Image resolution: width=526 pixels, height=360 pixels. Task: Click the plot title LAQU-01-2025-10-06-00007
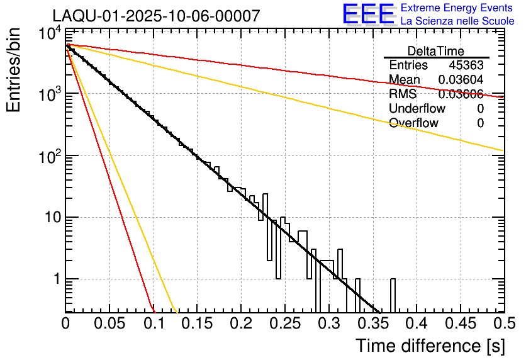click(x=156, y=16)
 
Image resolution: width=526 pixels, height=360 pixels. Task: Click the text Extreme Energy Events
click(x=457, y=8)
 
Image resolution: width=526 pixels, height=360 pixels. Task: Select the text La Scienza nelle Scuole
click(x=457, y=21)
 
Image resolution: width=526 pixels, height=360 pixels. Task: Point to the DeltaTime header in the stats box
click(x=436, y=51)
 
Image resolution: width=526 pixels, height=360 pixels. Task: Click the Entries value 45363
click(x=466, y=65)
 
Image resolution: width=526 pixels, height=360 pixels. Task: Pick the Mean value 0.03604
click(x=461, y=80)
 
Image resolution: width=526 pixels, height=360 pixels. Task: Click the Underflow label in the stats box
click(x=417, y=109)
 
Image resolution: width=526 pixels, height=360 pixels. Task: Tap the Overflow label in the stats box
click(x=413, y=123)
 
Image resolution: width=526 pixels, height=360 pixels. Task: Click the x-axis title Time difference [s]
click(x=430, y=346)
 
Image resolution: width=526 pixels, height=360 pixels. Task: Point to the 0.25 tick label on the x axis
click(x=285, y=323)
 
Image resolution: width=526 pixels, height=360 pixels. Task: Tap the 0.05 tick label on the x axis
click(x=109, y=323)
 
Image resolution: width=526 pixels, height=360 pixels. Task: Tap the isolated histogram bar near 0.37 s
click(x=393, y=295)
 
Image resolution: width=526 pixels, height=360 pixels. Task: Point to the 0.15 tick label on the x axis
click(x=198, y=323)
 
